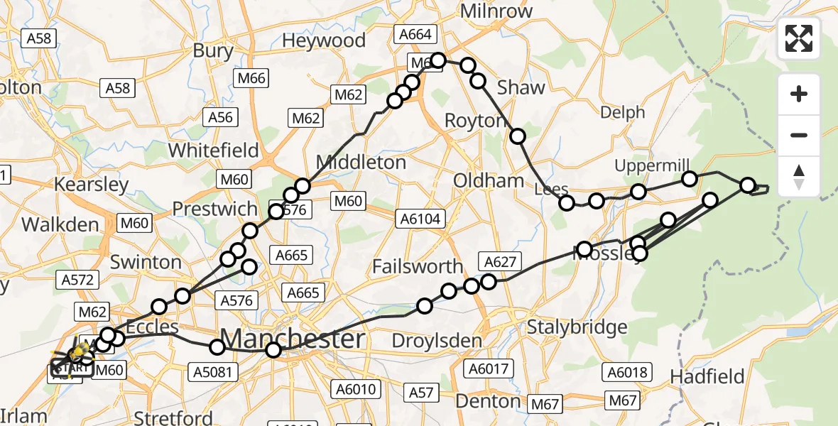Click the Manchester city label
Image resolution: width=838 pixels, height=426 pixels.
click(293, 339)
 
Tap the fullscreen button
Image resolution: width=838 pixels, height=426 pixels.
click(799, 38)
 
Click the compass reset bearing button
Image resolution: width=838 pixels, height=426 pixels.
click(799, 177)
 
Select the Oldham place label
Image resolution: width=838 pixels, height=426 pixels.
click(489, 180)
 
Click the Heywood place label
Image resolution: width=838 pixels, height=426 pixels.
click(324, 40)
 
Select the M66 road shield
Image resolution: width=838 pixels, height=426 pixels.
click(254, 78)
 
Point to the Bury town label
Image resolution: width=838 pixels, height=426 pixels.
click(213, 51)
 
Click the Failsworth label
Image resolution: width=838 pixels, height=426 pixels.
click(418, 267)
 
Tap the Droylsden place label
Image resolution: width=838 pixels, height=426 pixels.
click(418, 342)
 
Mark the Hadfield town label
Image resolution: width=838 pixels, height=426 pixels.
click(707, 376)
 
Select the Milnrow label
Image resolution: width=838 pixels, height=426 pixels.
click(497, 11)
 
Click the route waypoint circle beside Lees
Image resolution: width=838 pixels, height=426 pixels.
click(567, 203)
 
